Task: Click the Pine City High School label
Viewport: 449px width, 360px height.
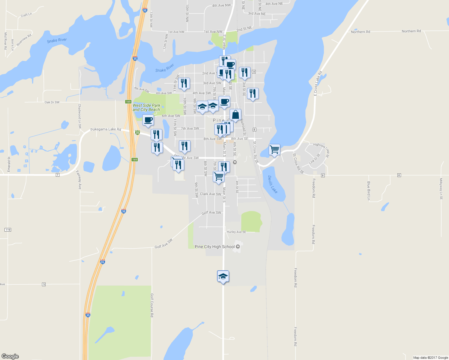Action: [215, 247]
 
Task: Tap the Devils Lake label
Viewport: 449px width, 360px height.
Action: [273, 184]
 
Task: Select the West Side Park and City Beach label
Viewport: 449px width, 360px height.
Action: [146, 107]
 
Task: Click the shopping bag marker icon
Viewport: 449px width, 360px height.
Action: [235, 115]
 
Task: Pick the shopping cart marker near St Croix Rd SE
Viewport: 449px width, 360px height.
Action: [274, 149]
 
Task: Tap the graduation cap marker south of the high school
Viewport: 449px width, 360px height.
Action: [223, 276]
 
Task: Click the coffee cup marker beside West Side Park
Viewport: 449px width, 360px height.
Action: [148, 120]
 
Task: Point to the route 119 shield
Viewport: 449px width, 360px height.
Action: [8, 230]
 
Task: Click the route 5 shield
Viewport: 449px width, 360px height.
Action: [44, 284]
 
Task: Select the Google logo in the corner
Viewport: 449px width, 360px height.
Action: [10, 356]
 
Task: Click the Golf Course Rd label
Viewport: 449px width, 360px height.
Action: [152, 305]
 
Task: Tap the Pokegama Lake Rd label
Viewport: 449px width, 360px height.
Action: [106, 129]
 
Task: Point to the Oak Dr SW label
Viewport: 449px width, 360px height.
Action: [52, 102]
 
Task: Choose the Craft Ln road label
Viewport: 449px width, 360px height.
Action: [26, 15]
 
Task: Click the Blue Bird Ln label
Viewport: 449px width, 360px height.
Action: [369, 190]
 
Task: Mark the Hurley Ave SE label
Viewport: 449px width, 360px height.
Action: [236, 232]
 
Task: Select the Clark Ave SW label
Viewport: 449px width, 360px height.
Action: [210, 194]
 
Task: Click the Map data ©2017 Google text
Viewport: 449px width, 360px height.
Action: [430, 358]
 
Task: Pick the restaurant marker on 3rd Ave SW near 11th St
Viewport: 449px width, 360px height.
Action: [184, 83]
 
